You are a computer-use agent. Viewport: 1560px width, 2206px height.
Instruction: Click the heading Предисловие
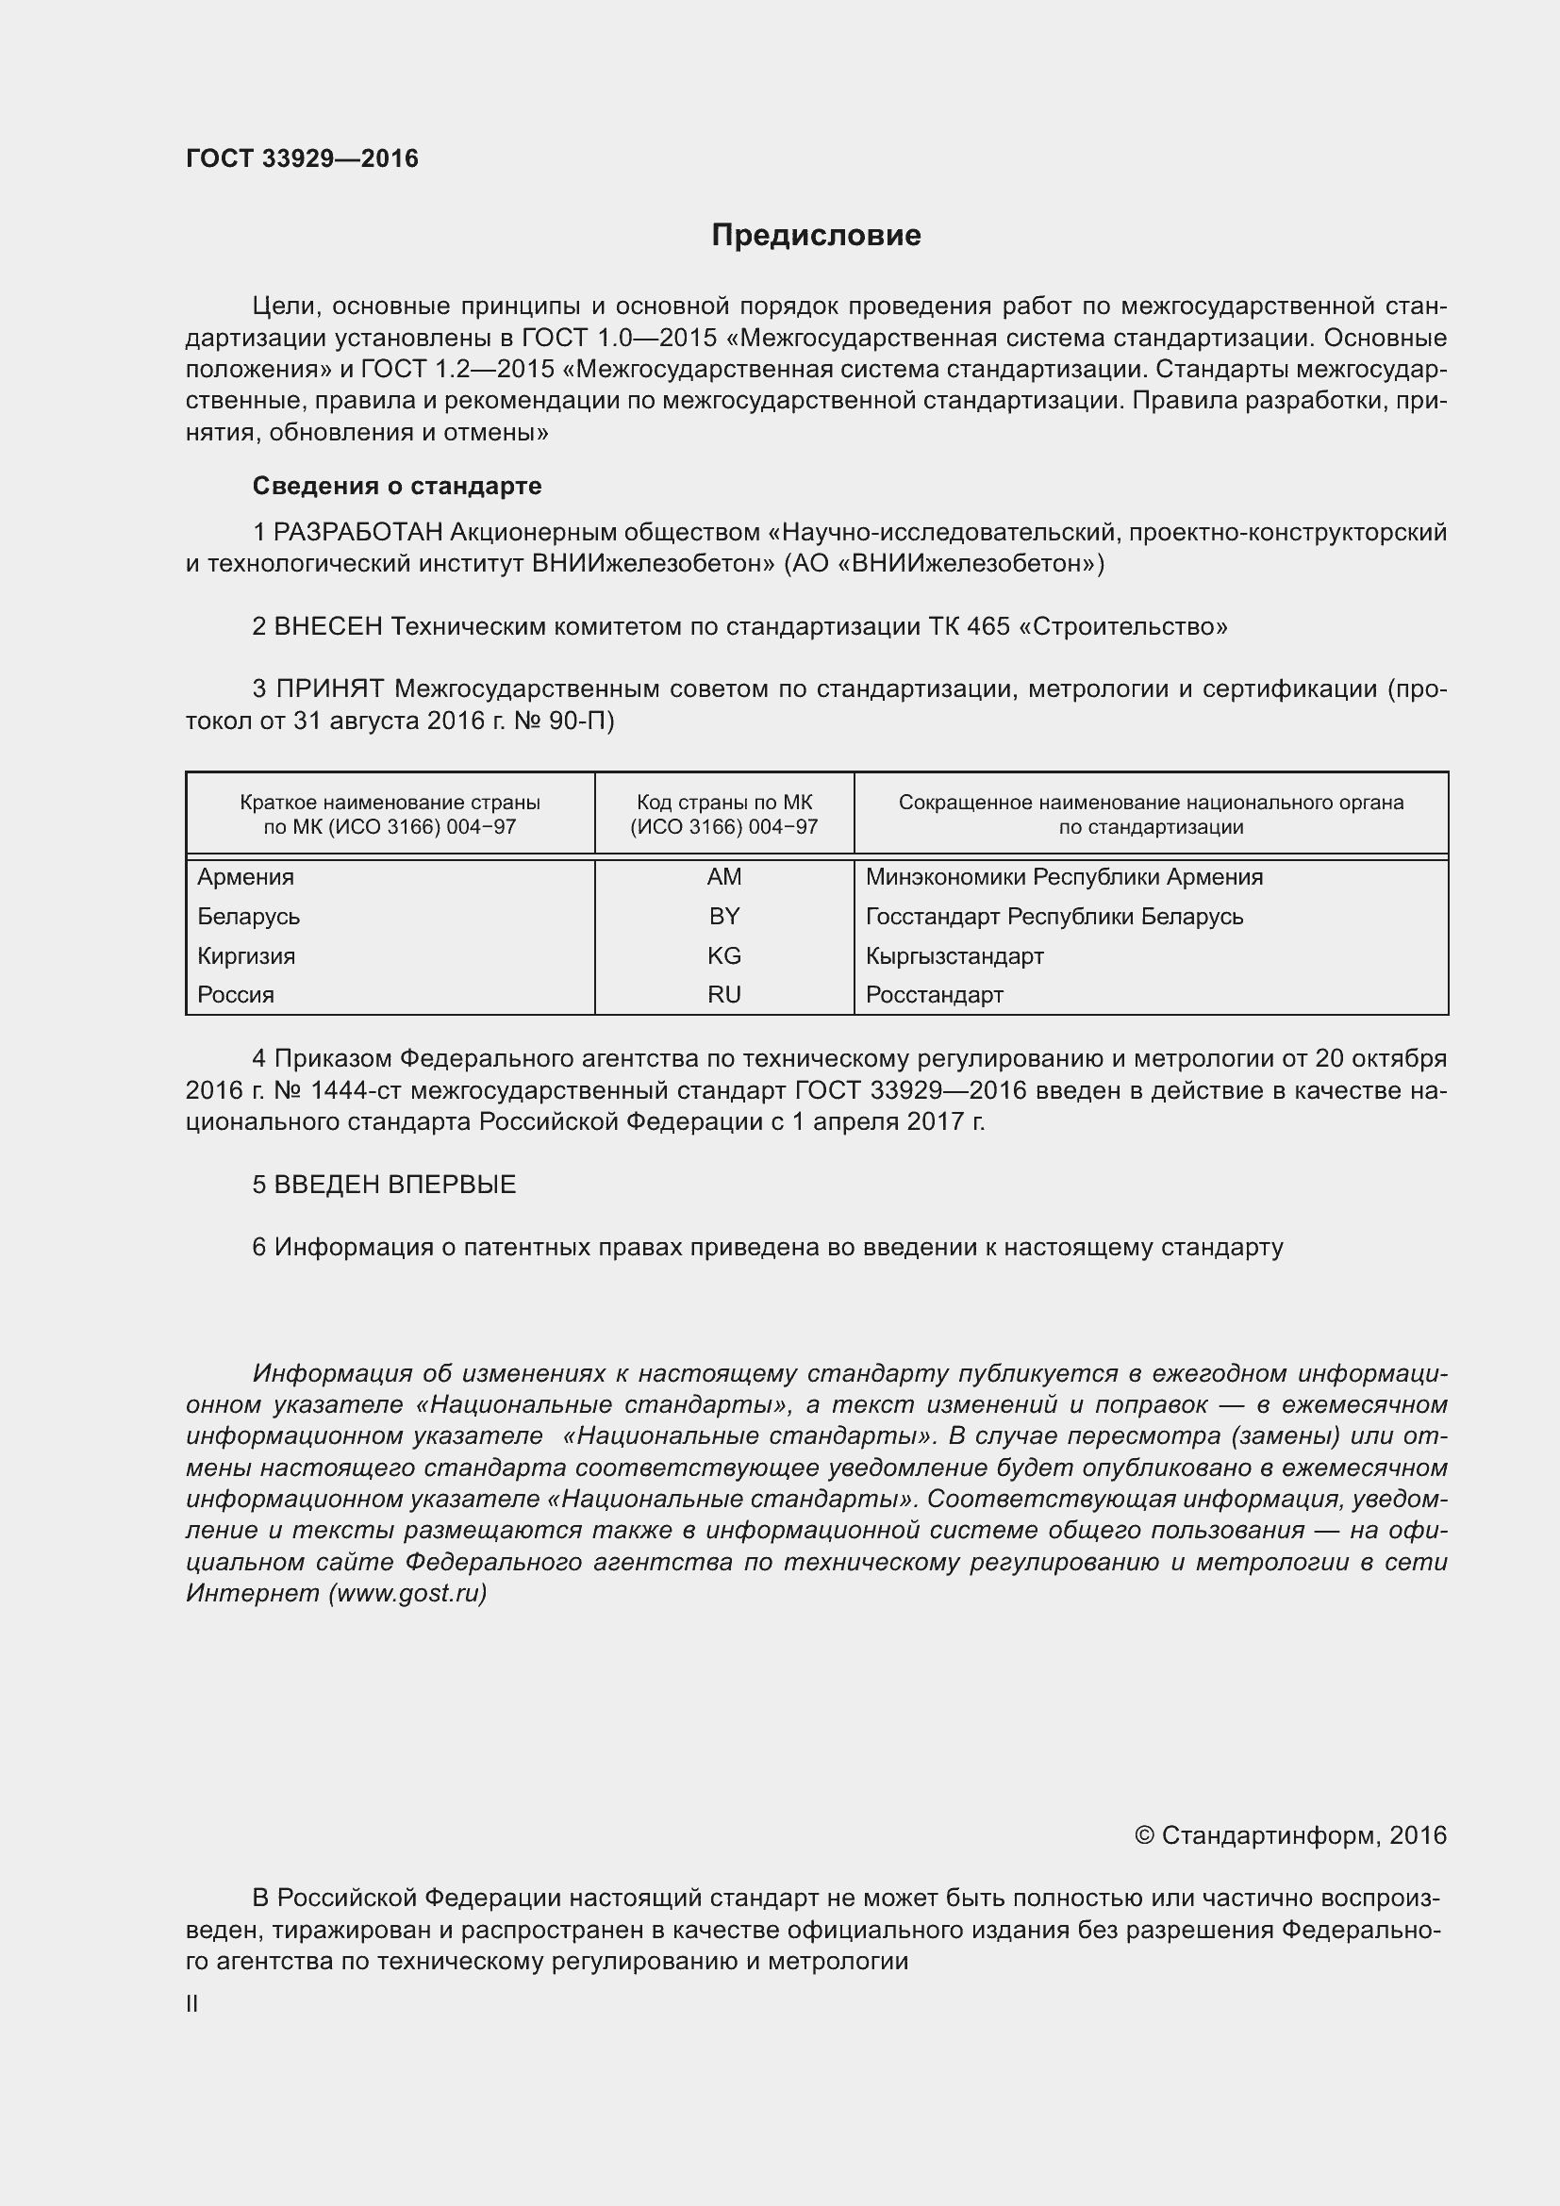(x=816, y=236)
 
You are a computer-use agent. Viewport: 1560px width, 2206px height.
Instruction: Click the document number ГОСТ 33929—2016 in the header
(x=302, y=158)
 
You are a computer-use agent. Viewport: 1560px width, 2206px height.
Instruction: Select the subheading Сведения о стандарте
(x=397, y=486)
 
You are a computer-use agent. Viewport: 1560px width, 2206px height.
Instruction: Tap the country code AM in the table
(x=723, y=877)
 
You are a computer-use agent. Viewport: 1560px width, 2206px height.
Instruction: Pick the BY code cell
(x=723, y=917)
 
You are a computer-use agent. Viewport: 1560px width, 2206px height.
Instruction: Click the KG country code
(x=723, y=956)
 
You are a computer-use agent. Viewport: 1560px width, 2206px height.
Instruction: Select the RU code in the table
(x=723, y=995)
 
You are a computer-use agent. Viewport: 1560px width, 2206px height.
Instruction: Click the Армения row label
(x=246, y=877)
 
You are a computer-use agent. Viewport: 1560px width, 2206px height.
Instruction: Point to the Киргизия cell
(x=247, y=956)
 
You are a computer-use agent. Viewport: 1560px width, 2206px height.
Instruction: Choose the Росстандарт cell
(x=934, y=995)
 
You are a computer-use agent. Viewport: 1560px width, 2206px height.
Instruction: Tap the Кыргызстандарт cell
(x=954, y=956)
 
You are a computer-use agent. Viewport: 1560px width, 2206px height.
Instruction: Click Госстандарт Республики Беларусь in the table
(x=1054, y=917)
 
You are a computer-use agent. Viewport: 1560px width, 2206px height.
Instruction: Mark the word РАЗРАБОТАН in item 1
(x=358, y=532)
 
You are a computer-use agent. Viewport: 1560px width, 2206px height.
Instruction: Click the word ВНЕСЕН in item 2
(x=328, y=627)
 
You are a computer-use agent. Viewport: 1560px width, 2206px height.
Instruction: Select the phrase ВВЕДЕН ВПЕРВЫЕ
(x=395, y=1185)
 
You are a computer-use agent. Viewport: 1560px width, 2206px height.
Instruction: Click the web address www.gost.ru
(x=407, y=1593)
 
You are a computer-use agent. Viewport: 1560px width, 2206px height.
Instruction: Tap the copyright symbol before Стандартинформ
(x=1143, y=1836)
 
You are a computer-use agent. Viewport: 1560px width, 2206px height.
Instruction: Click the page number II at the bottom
(x=192, y=2004)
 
